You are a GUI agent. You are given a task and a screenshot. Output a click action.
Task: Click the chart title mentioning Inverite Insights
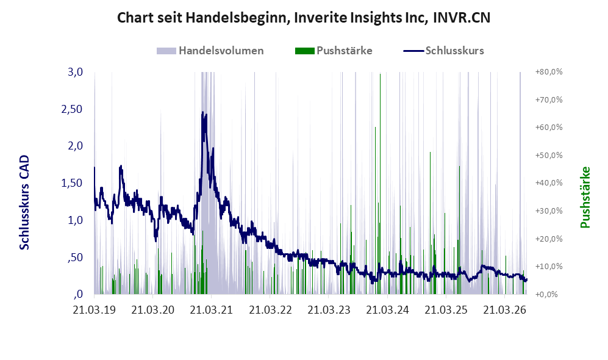(304, 18)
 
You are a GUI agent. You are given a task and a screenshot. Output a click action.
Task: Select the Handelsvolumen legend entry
(210, 51)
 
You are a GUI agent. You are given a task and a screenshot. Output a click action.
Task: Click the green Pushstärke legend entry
(334, 51)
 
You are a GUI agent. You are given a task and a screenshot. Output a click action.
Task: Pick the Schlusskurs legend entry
(443, 51)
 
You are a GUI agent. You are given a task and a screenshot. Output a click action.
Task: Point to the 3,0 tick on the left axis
(75, 72)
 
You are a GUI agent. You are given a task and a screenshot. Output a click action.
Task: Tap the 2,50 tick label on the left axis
(72, 109)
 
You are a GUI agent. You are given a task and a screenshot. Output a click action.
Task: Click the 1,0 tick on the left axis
(75, 220)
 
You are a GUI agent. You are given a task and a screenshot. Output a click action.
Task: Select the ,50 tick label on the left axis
(75, 257)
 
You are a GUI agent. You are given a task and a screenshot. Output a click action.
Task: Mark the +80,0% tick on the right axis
(549, 72)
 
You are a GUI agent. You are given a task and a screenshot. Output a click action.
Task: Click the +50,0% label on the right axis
(549, 155)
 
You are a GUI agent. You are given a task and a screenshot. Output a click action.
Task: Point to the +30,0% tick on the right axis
(549, 211)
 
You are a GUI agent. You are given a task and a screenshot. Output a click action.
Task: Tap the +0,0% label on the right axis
(546, 294)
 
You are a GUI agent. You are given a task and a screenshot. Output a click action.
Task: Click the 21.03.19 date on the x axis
(95, 310)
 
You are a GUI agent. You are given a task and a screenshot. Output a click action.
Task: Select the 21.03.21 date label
(212, 310)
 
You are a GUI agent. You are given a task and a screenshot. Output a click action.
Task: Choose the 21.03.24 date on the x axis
(387, 310)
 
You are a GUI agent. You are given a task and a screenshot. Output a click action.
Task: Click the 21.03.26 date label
(504, 310)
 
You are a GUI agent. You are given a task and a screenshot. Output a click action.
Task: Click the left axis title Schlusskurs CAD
(24, 202)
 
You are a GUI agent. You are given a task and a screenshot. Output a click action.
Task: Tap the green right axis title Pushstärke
(585, 197)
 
